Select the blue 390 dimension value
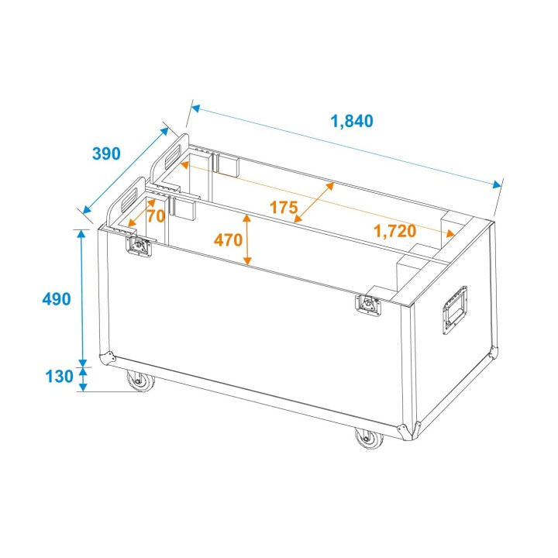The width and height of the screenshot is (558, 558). point(106,153)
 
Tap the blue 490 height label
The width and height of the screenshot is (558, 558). point(57,298)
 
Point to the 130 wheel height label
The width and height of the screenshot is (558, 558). point(60,377)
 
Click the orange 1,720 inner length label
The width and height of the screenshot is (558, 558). point(394,230)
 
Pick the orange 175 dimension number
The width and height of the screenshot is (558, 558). point(284,207)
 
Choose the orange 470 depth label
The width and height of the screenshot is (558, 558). point(228,240)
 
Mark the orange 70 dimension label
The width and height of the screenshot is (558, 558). point(156,216)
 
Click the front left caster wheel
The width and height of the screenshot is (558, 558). point(139,382)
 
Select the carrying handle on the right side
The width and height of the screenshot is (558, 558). point(454,311)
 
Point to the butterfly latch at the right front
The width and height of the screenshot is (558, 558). point(370,305)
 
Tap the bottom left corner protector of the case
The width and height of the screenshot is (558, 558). point(108,360)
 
